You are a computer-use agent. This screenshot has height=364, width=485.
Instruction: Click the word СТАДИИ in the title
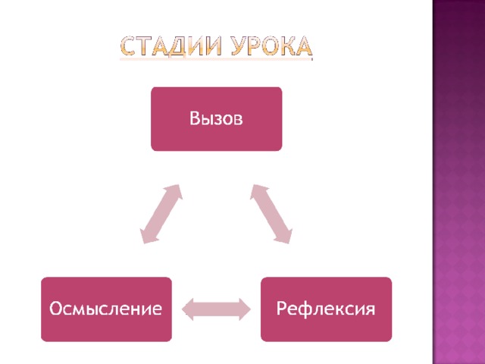tap(171, 46)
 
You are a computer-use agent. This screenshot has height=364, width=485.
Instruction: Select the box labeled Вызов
tap(217, 119)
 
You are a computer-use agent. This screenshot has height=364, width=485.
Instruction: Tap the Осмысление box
tap(106, 309)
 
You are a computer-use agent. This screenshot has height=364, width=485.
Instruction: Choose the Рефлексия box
tap(327, 309)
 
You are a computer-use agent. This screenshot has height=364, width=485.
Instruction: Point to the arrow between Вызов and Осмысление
tap(161, 214)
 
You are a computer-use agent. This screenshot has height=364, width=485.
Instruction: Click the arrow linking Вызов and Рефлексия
tap(271, 214)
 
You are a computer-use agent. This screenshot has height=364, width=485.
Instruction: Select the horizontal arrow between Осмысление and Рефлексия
tap(216, 309)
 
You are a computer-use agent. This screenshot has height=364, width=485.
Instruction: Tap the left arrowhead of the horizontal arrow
tap(188, 309)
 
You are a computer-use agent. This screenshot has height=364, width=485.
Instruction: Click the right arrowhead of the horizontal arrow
tap(245, 309)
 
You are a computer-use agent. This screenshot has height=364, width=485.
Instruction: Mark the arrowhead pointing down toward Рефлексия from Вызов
tap(285, 236)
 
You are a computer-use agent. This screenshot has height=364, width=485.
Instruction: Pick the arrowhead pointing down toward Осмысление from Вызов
tap(148, 236)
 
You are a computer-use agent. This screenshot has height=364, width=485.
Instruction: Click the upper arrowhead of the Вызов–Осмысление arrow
tap(174, 192)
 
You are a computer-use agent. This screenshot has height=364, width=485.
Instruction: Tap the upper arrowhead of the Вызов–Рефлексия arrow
tap(258, 192)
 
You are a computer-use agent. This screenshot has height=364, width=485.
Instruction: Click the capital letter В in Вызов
tap(195, 118)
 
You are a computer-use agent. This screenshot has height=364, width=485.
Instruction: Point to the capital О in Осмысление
tap(56, 309)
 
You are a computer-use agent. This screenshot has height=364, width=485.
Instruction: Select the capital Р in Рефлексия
tap(281, 309)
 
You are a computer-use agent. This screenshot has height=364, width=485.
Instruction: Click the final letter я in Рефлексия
tap(370, 310)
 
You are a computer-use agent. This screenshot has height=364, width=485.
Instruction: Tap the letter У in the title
tap(239, 46)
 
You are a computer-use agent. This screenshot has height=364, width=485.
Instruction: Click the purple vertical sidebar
tap(458, 182)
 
